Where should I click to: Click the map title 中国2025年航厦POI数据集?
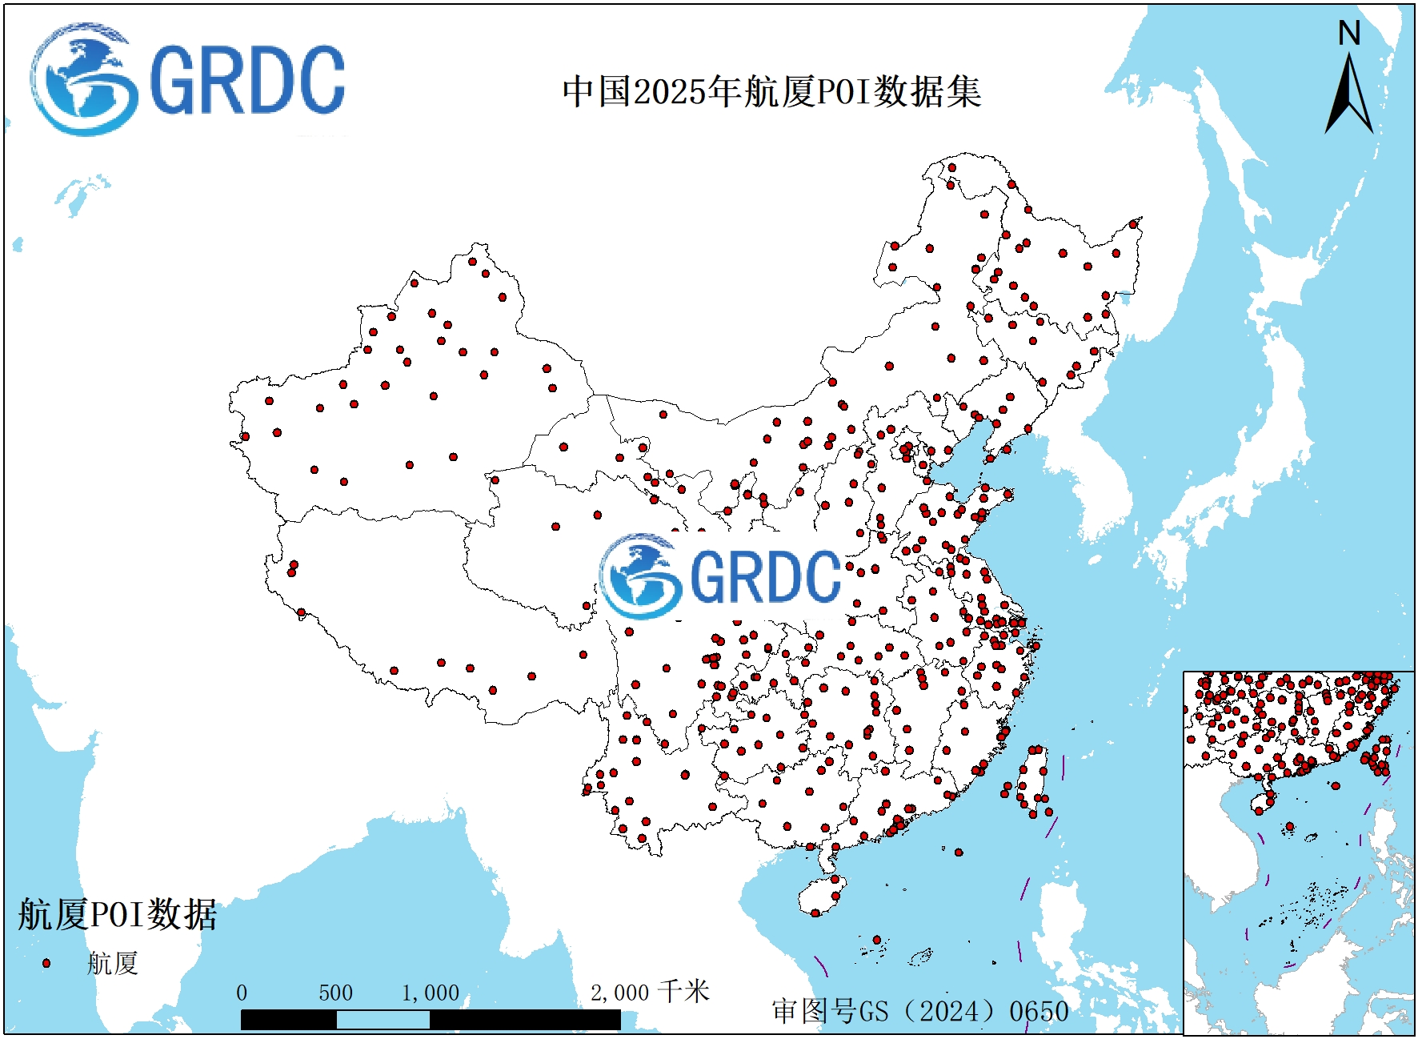tap(771, 92)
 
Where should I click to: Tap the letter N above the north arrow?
tap(1349, 34)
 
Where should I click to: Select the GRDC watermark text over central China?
tap(765, 576)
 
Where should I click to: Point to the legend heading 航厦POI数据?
tap(118, 914)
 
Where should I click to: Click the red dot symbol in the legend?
tap(46, 963)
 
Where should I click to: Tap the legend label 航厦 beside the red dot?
tap(113, 963)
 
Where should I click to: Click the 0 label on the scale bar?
tap(242, 993)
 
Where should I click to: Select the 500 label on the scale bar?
tap(335, 993)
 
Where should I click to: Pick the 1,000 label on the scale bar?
tap(431, 993)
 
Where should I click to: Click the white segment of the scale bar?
tap(383, 1020)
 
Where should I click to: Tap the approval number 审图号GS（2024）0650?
tap(920, 1011)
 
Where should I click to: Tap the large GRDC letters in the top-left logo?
tap(247, 80)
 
